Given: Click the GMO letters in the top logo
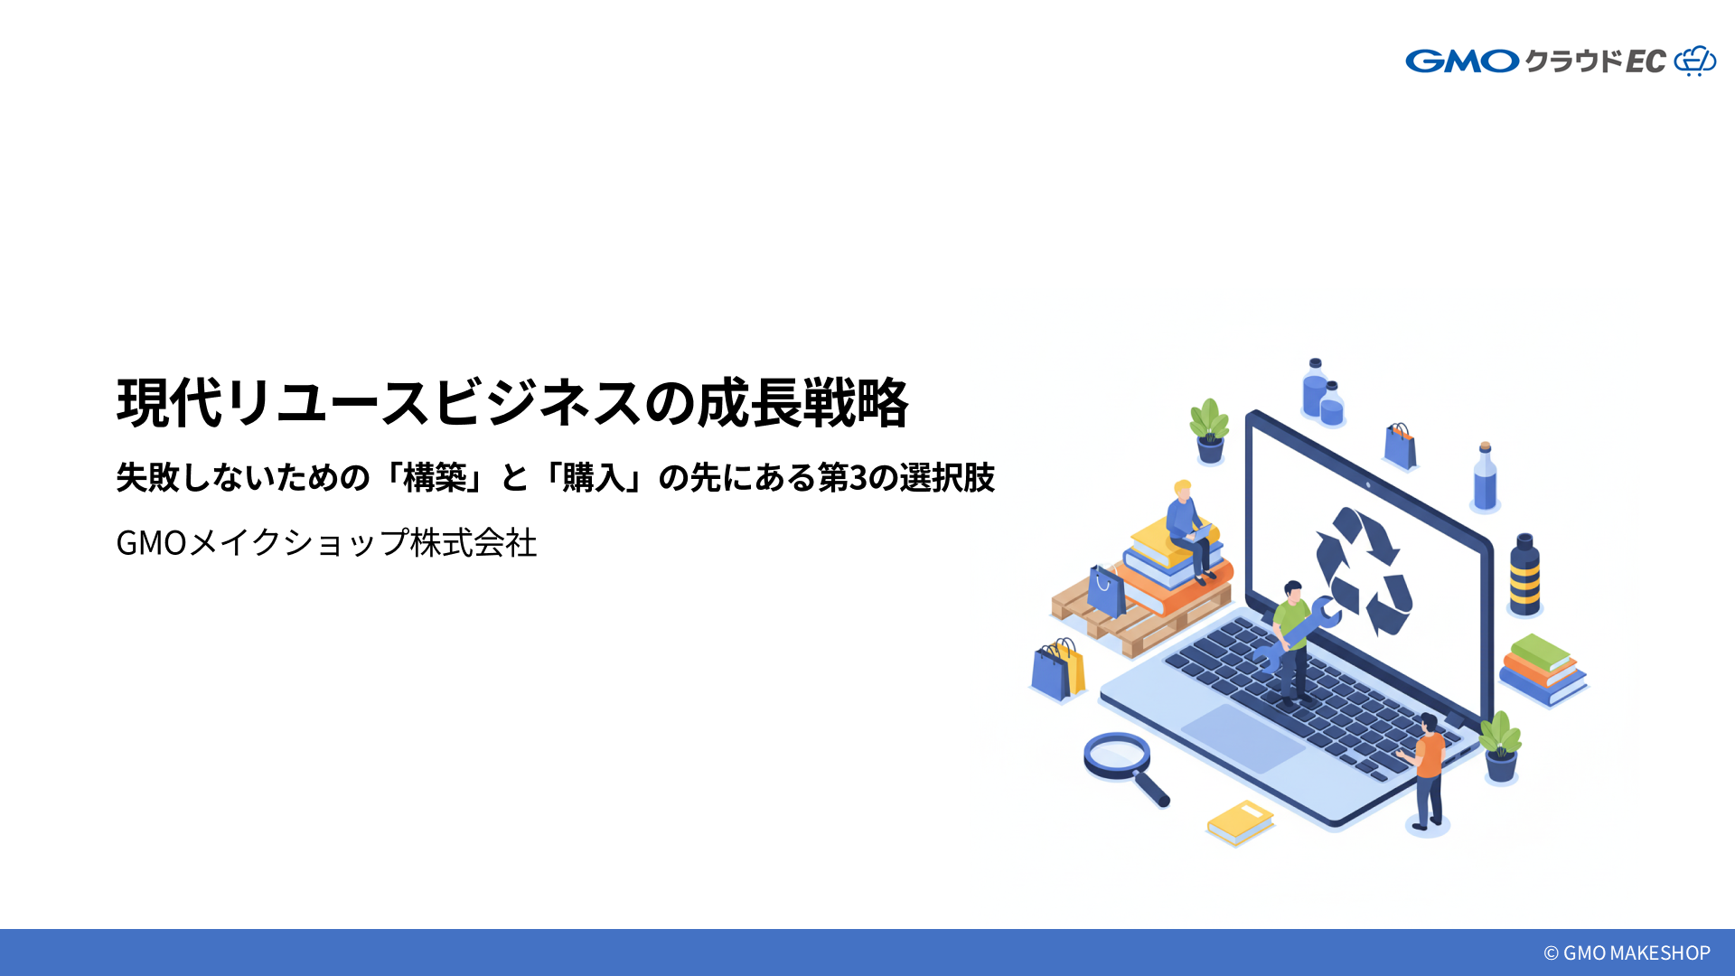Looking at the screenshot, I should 1462,61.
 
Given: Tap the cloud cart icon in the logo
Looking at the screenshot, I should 1694,61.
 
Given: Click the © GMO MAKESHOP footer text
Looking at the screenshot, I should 1626,953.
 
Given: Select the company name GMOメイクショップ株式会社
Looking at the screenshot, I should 326,542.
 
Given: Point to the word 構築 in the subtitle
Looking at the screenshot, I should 435,477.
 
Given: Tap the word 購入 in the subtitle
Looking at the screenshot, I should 594,477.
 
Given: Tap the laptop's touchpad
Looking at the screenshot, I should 1243,737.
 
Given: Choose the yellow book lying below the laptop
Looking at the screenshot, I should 1240,821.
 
